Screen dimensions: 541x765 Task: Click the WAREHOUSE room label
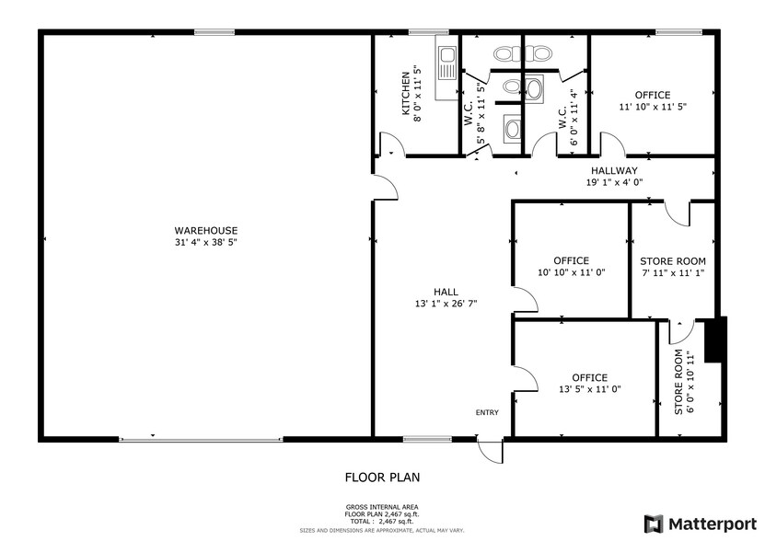pyautogui.click(x=206, y=230)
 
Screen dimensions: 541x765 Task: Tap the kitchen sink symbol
pyautogui.click(x=446, y=65)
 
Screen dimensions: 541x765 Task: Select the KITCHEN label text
pyautogui.click(x=405, y=94)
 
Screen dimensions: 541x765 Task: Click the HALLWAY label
pyautogui.click(x=614, y=170)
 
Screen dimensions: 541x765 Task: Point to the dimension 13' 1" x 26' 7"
pyautogui.click(x=446, y=303)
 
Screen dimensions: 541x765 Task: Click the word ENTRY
pyautogui.click(x=487, y=412)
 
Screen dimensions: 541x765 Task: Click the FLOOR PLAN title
pyautogui.click(x=382, y=477)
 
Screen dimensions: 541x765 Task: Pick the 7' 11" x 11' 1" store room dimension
pyautogui.click(x=672, y=272)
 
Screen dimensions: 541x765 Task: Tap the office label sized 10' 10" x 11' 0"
pyautogui.click(x=571, y=260)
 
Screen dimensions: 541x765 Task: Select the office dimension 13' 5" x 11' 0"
pyautogui.click(x=589, y=389)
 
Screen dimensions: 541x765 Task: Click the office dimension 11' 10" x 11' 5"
pyautogui.click(x=652, y=107)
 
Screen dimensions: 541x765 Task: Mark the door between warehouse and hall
pyautogui.click(x=387, y=188)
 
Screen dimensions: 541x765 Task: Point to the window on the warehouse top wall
pyautogui.click(x=214, y=33)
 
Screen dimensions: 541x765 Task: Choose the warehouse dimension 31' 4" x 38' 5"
pyautogui.click(x=206, y=242)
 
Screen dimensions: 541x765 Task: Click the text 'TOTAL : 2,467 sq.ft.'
pyautogui.click(x=382, y=521)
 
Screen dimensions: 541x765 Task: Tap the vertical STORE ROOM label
pyautogui.click(x=678, y=381)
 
